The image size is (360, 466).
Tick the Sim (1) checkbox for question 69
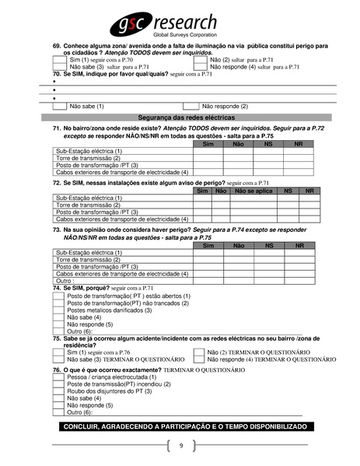click(x=59, y=59)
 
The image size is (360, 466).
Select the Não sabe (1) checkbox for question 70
click(x=59, y=106)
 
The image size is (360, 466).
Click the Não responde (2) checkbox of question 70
click(x=190, y=106)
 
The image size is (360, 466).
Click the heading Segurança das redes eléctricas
click(x=180, y=116)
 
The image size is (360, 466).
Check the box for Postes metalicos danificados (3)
click(x=59, y=310)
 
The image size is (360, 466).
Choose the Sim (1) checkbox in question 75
click(x=59, y=352)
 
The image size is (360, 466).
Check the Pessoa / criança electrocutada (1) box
click(x=59, y=377)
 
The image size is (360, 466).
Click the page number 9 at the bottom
click(x=180, y=446)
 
